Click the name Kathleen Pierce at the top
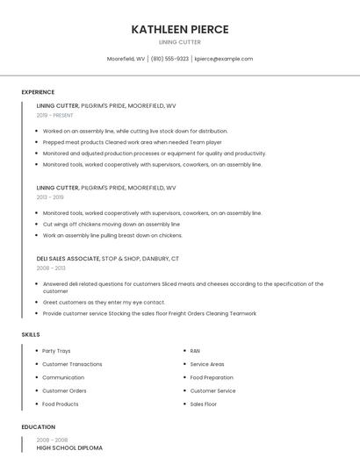(180, 29)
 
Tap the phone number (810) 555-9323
(169, 59)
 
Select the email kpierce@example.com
(224, 59)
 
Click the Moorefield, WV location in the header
(126, 59)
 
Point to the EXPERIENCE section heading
(38, 92)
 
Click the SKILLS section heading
(31, 334)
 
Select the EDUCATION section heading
(38, 427)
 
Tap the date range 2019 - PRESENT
(55, 115)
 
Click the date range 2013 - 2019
(50, 197)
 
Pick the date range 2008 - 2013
(51, 268)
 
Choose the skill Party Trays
(56, 351)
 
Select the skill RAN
(195, 351)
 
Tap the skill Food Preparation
(212, 377)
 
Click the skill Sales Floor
(204, 404)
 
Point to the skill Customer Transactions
(72, 364)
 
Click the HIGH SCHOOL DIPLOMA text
(69, 448)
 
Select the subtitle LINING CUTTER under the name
(180, 42)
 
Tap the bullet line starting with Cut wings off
(112, 224)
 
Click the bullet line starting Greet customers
(104, 302)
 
